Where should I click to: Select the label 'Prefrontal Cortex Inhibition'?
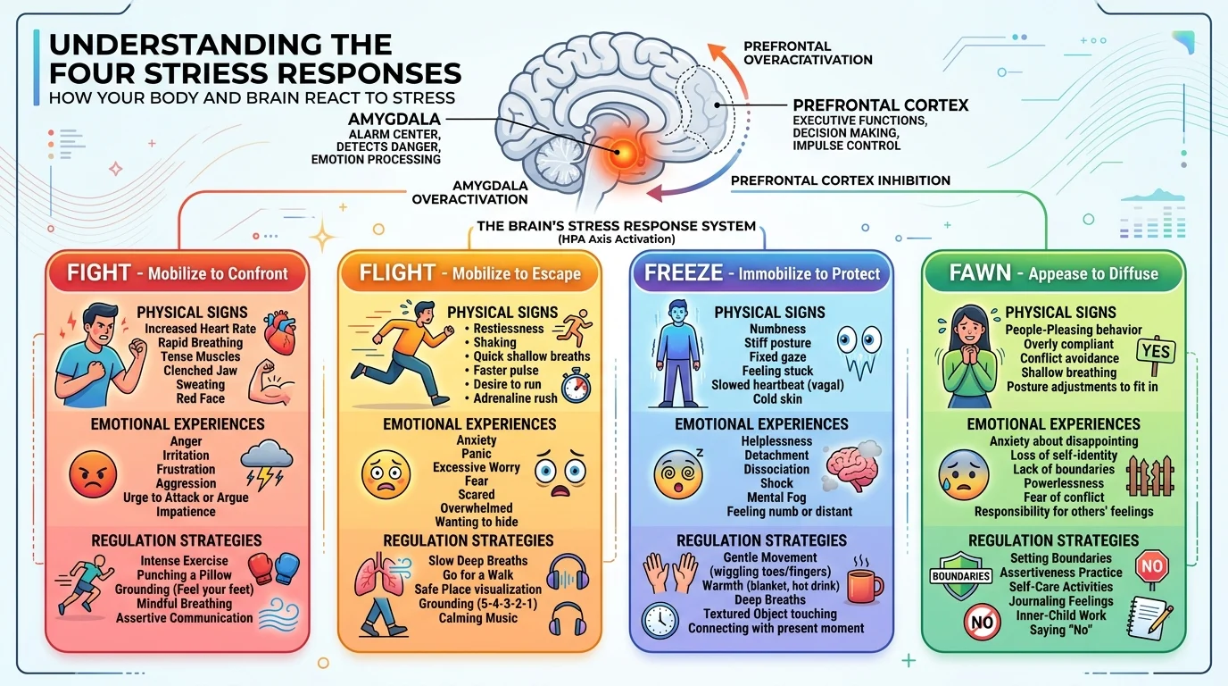pyautogui.click(x=841, y=180)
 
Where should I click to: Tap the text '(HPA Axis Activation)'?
pyautogui.click(x=616, y=239)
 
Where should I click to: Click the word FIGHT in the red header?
pyautogui.click(x=99, y=272)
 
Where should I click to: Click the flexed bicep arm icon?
pyautogui.click(x=268, y=382)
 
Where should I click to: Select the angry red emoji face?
pyautogui.click(x=93, y=473)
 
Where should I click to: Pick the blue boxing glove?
pyautogui.click(x=286, y=568)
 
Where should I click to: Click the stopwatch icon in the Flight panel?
pyautogui.click(x=576, y=387)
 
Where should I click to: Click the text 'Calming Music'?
pyautogui.click(x=477, y=618)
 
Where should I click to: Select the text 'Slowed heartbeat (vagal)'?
pyautogui.click(x=777, y=385)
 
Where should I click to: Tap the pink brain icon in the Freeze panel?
pyautogui.click(x=851, y=467)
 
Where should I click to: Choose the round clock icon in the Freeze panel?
pyautogui.click(x=660, y=621)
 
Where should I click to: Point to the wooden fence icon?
pyautogui.click(x=1150, y=475)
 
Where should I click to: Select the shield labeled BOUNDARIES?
pyautogui.click(x=961, y=576)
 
